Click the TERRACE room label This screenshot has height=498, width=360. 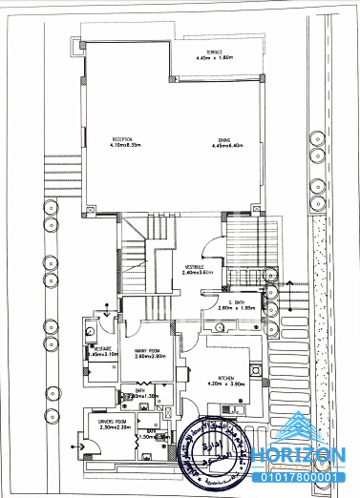[209, 52]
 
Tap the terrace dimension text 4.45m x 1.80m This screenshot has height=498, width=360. [209, 58]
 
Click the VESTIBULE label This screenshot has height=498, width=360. [198, 266]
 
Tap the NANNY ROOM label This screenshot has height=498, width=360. [150, 350]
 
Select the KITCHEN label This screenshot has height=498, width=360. [225, 378]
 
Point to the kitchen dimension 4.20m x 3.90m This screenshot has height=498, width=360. [225, 384]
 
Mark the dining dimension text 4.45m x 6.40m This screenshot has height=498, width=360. [224, 146]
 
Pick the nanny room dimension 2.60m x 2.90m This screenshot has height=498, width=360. [150, 357]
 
